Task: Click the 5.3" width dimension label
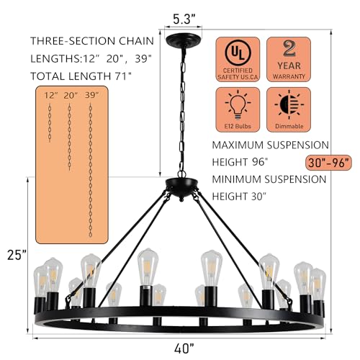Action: [x=184, y=19]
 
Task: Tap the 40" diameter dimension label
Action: [x=184, y=348]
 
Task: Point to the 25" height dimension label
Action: [x=17, y=255]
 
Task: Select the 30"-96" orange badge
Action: [x=328, y=163]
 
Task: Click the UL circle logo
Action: [x=238, y=53]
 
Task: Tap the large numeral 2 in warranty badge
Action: [x=289, y=48]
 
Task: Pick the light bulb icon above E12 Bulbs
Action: [x=238, y=105]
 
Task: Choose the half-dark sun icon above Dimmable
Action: [x=289, y=105]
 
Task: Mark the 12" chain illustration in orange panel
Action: [x=50, y=123]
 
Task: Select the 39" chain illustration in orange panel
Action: [x=91, y=171]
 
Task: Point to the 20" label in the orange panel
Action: [x=71, y=95]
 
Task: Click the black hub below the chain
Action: [x=181, y=187]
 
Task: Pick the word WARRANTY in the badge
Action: [x=289, y=76]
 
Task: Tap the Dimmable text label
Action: [x=289, y=126]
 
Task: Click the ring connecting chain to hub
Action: [x=181, y=174]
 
